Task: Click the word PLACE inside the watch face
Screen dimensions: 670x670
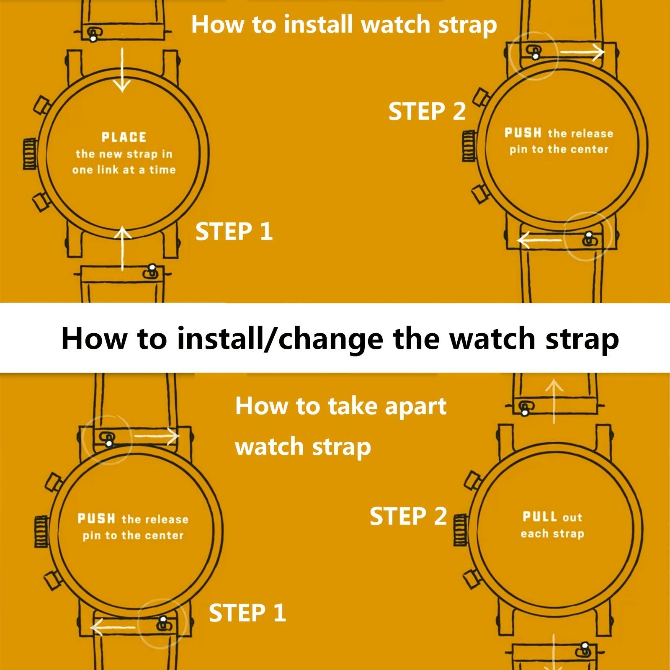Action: pos(124,137)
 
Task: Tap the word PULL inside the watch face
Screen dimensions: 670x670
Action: pos(540,517)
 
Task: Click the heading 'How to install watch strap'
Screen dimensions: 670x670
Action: pos(344,25)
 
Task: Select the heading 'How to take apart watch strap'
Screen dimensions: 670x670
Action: pos(341,426)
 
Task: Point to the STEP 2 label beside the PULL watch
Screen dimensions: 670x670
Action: pos(408,516)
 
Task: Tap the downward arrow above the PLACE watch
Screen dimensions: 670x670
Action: pos(122,70)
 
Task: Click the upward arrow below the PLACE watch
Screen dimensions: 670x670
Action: pos(122,248)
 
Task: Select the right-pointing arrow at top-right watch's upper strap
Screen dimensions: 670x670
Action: pos(582,52)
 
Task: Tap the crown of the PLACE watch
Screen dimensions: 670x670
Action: pos(30,154)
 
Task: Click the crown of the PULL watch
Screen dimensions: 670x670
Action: pos(461,529)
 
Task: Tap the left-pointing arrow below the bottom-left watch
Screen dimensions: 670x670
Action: pos(113,627)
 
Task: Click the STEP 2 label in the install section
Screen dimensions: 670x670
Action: pos(427,111)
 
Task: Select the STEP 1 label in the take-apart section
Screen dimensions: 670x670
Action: pos(247,613)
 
